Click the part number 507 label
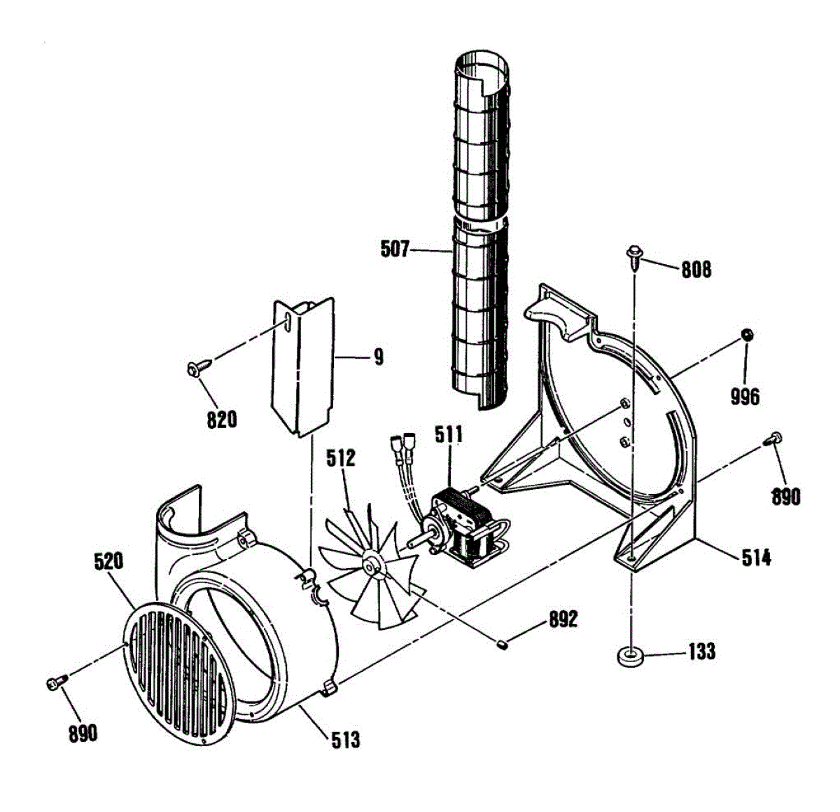[x=394, y=249]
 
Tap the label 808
[x=696, y=269]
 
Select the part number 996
[x=745, y=397]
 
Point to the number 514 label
[x=757, y=558]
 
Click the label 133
[x=701, y=652]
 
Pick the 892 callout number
[x=563, y=619]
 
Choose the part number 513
[x=345, y=739]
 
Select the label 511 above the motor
[x=449, y=434]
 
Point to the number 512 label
[x=341, y=459]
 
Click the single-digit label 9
[x=379, y=357]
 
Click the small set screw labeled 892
[x=503, y=643]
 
